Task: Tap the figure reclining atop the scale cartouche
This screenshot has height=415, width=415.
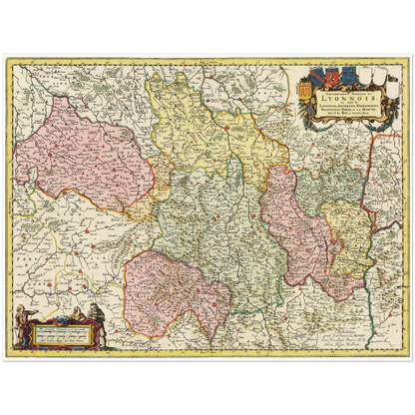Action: point(61,317)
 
